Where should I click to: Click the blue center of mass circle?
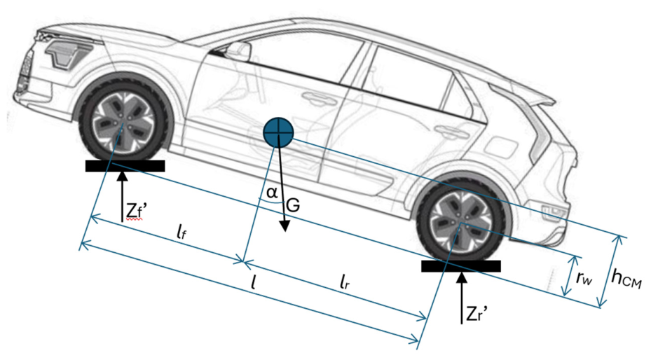tap(279, 132)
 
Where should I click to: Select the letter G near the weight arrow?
tap(293, 205)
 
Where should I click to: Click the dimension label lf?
tap(181, 233)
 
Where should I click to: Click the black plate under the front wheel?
tap(125, 166)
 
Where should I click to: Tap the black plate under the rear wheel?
tap(461, 266)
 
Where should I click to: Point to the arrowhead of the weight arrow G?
tap(285, 226)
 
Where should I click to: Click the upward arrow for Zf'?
tap(122, 197)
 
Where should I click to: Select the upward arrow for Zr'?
tap(461, 298)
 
